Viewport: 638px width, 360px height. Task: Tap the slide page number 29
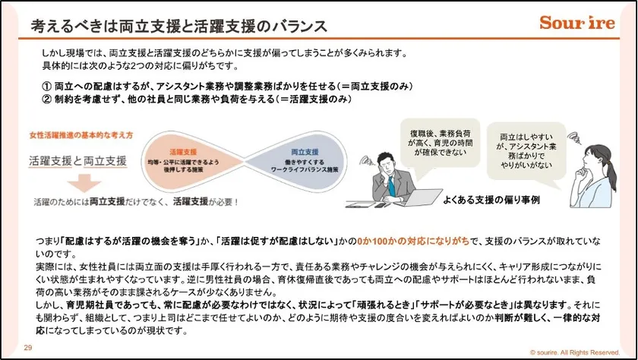[x=28, y=347]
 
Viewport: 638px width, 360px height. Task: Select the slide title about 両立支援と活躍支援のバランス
[x=178, y=25]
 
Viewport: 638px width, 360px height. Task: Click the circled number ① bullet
[x=47, y=85]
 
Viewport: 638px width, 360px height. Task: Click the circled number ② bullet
[x=47, y=98]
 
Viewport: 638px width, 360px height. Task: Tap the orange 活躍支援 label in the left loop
[x=182, y=152]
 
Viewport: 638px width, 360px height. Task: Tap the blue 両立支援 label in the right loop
[x=285, y=152]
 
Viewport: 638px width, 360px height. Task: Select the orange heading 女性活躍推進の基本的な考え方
[x=82, y=134]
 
